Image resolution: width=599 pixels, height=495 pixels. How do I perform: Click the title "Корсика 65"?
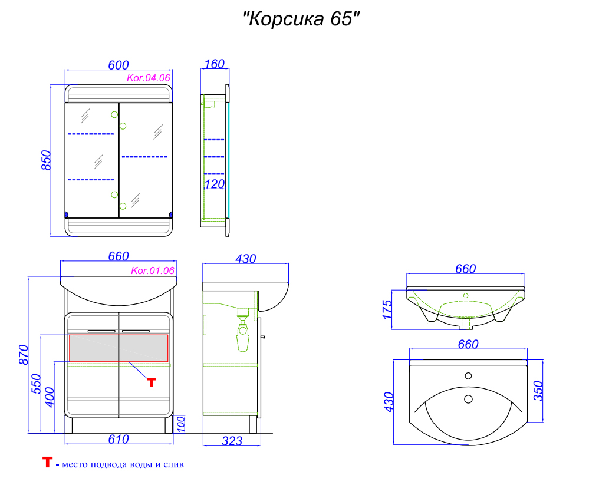point(301,19)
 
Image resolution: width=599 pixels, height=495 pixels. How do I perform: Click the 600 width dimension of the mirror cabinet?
point(119,65)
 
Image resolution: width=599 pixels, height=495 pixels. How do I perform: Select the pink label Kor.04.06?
point(148,78)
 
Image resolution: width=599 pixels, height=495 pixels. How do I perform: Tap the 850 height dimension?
point(46,160)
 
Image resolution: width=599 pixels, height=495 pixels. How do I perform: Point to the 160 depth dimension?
point(215,64)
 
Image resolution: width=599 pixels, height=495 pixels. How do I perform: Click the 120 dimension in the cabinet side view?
point(215,184)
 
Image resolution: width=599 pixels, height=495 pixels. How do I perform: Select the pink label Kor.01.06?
point(153,271)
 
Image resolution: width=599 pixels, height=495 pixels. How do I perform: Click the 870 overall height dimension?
point(24,355)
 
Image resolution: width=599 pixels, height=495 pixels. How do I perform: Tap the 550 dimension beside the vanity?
point(36,384)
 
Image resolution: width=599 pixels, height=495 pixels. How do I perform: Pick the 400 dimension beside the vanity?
point(50,397)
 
